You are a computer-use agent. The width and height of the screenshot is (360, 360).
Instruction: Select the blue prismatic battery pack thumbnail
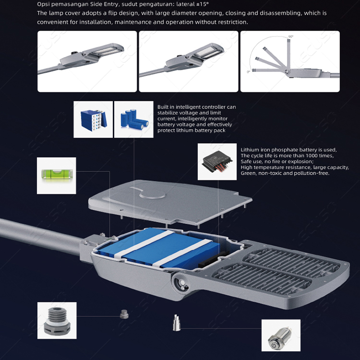point(93,120)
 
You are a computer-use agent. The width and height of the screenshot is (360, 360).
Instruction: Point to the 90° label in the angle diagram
point(290,36)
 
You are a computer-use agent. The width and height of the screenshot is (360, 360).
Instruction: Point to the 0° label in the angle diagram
point(248,72)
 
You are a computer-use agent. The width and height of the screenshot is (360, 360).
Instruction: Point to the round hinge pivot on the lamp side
point(182,284)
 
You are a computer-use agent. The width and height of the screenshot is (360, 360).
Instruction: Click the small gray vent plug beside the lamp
point(123,314)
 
